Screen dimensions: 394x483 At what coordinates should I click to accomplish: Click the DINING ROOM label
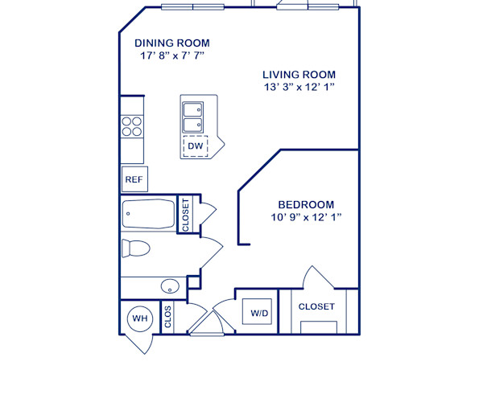click(172, 43)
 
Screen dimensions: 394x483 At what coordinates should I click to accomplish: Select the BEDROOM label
click(306, 204)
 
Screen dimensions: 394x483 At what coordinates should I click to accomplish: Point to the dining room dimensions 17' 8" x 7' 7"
click(172, 56)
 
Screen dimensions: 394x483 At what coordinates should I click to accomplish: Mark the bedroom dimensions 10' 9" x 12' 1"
click(306, 218)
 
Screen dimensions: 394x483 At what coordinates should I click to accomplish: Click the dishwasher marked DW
click(195, 146)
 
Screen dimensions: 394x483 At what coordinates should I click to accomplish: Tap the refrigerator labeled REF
click(133, 179)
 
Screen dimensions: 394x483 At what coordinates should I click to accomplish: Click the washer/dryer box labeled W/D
click(259, 312)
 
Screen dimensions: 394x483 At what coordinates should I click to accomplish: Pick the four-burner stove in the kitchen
click(132, 126)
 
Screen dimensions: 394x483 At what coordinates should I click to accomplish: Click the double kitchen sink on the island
click(193, 117)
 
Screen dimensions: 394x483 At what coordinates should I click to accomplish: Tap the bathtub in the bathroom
click(148, 215)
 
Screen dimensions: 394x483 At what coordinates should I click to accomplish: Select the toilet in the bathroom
click(136, 247)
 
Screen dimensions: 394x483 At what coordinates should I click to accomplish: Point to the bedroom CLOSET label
click(316, 306)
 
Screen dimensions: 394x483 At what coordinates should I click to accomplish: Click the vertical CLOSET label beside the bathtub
click(184, 215)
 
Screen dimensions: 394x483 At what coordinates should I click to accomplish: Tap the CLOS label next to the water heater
click(168, 318)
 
